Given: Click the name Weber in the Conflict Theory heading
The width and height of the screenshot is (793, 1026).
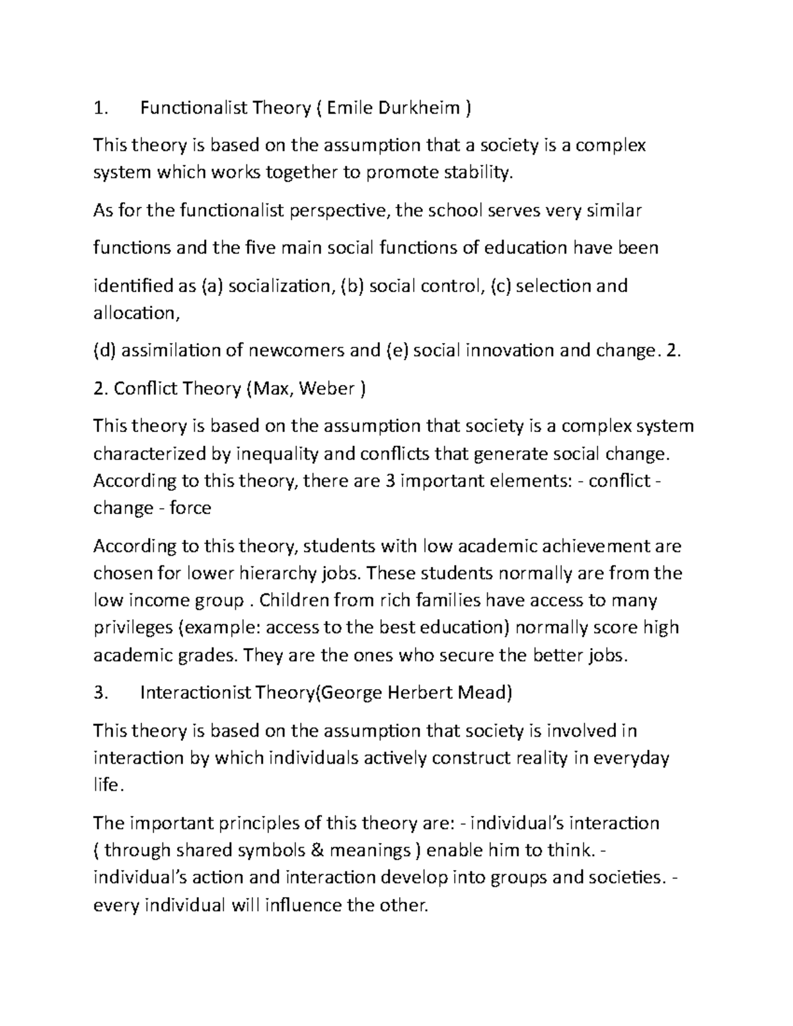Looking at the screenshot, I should pyautogui.click(x=326, y=388).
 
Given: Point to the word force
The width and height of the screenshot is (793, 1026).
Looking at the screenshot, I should pyautogui.click(x=190, y=508).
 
